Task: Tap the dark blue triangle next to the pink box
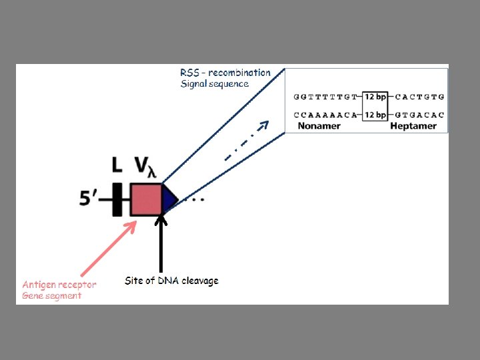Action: tap(169, 199)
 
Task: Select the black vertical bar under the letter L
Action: tap(117, 199)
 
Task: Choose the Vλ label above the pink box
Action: tap(146, 167)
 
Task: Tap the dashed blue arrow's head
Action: tap(264, 124)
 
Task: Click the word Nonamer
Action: tap(319, 125)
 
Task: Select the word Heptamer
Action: tap(413, 125)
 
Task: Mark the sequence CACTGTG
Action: tap(419, 97)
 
